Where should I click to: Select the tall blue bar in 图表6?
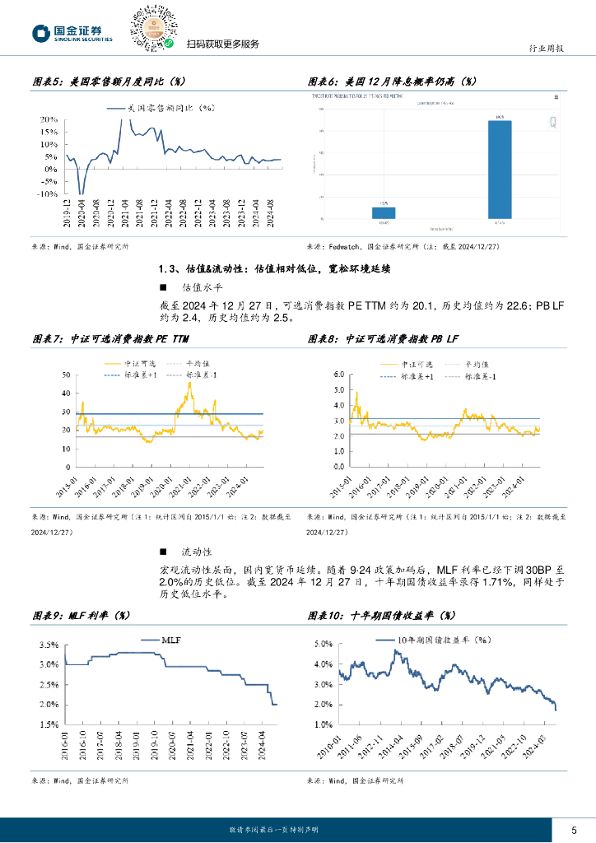point(500,170)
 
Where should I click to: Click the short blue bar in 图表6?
point(384,212)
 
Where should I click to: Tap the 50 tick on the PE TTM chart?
point(67,375)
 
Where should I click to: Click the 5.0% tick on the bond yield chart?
point(322,644)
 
